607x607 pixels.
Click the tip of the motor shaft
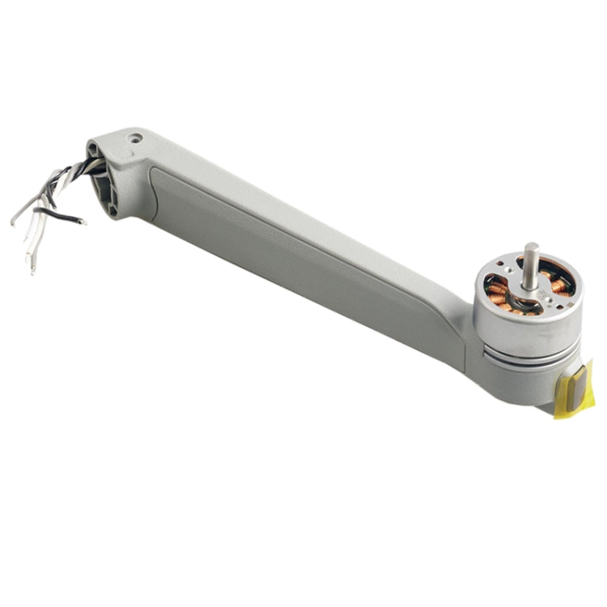tap(531, 246)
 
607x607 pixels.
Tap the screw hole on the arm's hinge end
tap(136, 138)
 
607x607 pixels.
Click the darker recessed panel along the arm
tap(308, 259)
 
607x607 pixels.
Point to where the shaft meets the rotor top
tap(528, 285)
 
